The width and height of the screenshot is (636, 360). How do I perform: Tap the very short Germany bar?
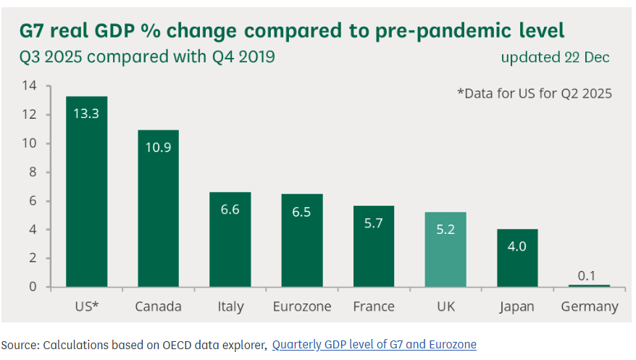click(590, 285)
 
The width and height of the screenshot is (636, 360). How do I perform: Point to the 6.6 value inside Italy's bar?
click(230, 209)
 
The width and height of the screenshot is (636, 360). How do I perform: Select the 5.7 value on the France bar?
click(374, 223)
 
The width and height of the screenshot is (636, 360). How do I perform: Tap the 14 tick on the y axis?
click(29, 86)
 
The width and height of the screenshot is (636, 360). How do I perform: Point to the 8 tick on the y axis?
click(32, 172)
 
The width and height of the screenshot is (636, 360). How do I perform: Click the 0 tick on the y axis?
click(32, 287)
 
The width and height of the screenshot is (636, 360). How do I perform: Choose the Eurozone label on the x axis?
click(302, 307)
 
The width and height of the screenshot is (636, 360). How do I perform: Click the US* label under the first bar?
click(86, 307)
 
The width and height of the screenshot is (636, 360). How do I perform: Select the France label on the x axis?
click(373, 307)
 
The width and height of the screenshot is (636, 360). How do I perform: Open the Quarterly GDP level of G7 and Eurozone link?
click(374, 345)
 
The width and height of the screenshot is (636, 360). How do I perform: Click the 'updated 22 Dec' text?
click(555, 58)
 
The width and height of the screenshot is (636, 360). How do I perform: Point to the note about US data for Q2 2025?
click(535, 93)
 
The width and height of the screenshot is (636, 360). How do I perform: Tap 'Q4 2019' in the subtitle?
click(243, 56)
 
